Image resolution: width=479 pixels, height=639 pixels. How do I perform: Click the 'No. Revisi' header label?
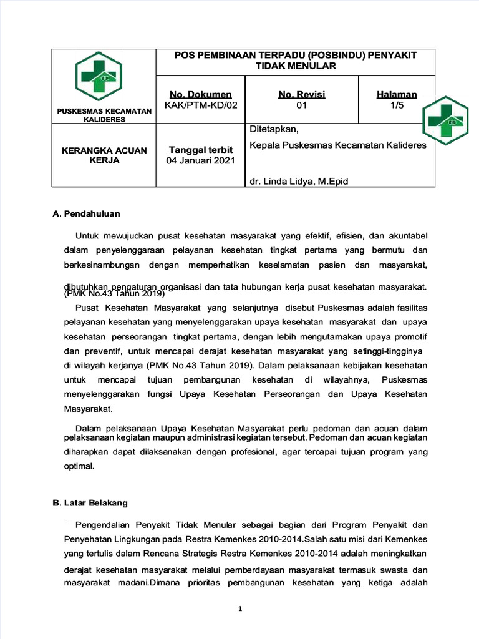pos(302,94)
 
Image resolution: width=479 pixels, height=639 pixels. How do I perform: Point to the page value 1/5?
pos(397,105)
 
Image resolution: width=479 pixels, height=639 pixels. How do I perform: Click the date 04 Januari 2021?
pos(200,161)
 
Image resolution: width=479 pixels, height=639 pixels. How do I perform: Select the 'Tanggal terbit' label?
pos(201,150)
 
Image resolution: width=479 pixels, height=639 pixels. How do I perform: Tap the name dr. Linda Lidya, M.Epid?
pos(299,181)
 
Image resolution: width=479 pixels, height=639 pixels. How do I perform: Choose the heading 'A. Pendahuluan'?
pos(86,213)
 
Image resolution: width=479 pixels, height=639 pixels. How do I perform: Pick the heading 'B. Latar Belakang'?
pos(90,502)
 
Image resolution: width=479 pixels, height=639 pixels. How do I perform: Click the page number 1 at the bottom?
pos(239,609)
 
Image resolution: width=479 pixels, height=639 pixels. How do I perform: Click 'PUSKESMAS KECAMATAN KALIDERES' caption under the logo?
pos(104,115)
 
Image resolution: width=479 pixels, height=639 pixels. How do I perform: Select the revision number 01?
pos(302,105)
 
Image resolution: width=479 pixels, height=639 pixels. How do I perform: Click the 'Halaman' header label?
pos(397,94)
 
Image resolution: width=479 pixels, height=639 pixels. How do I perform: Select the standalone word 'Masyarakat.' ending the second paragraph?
pos(89,409)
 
